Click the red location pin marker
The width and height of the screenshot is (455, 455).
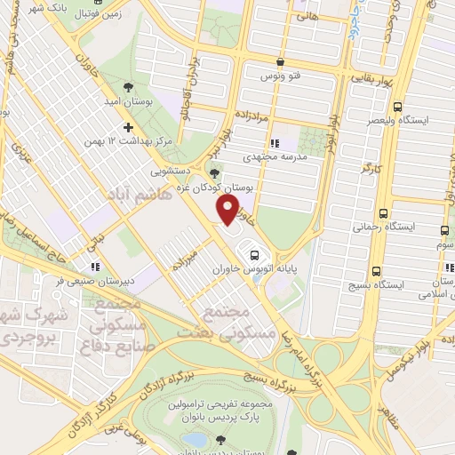click(228, 209)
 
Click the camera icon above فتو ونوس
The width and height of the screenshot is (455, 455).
click(281, 62)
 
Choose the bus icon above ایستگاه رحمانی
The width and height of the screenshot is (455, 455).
click(383, 213)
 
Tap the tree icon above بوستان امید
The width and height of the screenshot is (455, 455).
click(129, 88)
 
